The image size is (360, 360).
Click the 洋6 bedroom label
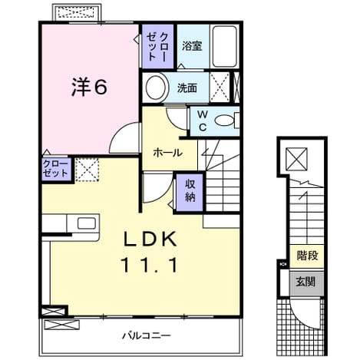[x=89, y=87]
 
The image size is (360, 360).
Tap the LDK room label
[x=150, y=239]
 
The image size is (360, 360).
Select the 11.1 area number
[x=150, y=265]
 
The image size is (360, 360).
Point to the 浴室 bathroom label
[x=192, y=46]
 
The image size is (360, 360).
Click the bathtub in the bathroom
[x=225, y=46]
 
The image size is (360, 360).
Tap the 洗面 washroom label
[x=187, y=88]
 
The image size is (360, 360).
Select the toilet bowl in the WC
[x=225, y=121]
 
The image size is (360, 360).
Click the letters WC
[x=203, y=121]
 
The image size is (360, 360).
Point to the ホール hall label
[x=168, y=153]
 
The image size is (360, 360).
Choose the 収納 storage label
[x=190, y=190]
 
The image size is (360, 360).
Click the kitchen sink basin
[x=87, y=223]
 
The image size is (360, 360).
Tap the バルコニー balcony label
[x=146, y=335]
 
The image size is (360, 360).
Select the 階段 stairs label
[x=307, y=256]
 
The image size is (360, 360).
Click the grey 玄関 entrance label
[x=306, y=282]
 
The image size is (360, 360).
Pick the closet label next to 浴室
[x=157, y=47]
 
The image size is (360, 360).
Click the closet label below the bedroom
[x=55, y=169]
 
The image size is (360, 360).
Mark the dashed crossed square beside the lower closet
[x=88, y=170]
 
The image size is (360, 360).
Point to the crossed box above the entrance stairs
[x=296, y=159]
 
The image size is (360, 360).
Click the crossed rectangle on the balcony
[x=61, y=325]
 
